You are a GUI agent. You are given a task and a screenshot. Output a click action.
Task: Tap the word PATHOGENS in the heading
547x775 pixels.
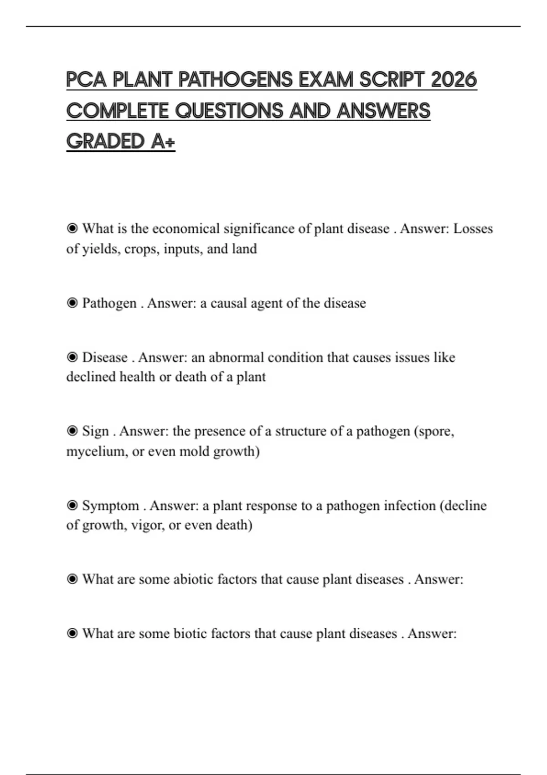tap(235, 80)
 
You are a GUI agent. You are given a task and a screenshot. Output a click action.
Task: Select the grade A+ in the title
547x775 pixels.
tap(163, 141)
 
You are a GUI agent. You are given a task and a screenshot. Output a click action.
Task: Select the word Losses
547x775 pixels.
tap(473, 228)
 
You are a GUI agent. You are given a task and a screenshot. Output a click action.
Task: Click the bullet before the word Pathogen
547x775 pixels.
tap(72, 303)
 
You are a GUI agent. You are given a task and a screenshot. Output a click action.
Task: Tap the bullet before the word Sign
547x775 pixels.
tap(72, 431)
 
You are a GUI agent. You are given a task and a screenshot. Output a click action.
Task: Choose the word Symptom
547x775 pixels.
tap(110, 506)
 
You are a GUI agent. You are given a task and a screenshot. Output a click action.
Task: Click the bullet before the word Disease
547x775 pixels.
tap(72, 357)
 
